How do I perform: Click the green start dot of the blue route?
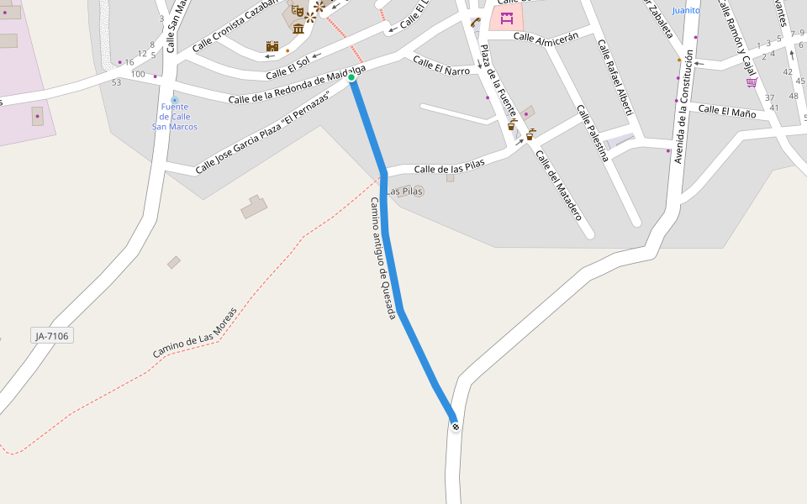351,77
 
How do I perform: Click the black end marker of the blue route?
456,427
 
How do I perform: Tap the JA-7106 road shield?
52,336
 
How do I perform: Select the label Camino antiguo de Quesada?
382,258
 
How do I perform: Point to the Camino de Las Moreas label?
195,333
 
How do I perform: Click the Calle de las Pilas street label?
449,166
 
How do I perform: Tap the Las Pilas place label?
405,192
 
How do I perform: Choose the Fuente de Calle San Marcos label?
175,116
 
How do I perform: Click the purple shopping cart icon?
751,82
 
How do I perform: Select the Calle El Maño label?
727,111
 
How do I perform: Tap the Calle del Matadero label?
558,185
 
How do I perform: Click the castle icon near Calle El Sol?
272,46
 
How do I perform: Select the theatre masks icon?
297,11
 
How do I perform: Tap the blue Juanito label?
686,11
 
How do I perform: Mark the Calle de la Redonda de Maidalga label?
296,88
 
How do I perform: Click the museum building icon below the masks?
298,28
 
